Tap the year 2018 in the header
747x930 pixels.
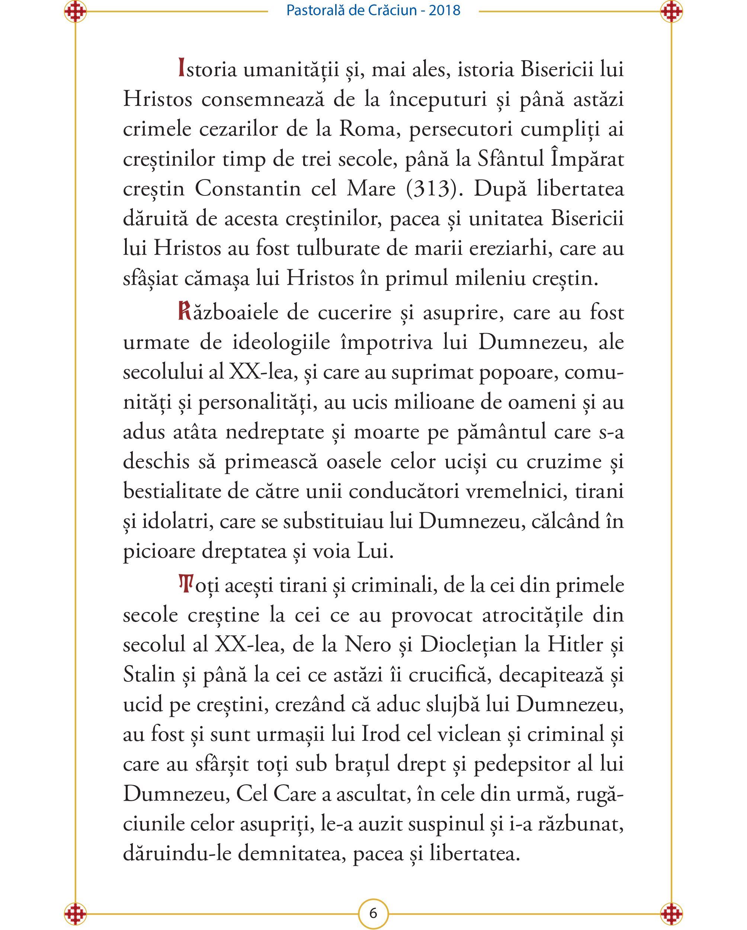tap(444, 10)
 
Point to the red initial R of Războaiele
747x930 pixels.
tap(185, 311)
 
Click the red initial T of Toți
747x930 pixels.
tap(186, 584)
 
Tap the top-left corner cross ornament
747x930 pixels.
tap(75, 11)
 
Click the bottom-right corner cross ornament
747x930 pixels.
tap(671, 914)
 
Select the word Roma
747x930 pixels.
tap(368, 129)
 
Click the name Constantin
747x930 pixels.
tap(248, 188)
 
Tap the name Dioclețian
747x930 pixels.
tap(468, 644)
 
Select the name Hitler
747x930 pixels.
tap(575, 644)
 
